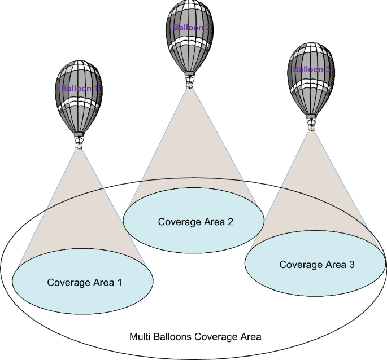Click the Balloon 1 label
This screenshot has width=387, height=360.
click(80, 89)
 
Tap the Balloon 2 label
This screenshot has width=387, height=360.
click(192, 27)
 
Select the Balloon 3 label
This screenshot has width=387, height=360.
click(312, 69)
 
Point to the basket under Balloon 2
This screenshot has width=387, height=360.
click(190, 83)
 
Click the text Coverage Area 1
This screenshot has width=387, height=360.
click(84, 282)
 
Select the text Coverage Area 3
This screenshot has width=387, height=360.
click(317, 264)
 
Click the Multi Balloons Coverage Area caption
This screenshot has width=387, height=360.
click(195, 337)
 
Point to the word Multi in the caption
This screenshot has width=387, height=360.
click(139, 337)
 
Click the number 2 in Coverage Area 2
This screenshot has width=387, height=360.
click(230, 222)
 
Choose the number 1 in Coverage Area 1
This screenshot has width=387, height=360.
click(119, 282)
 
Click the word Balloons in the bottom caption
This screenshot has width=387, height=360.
click(171, 337)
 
